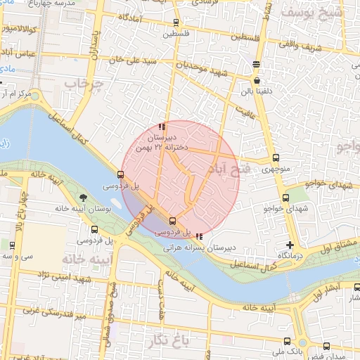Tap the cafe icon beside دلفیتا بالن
[257, 81]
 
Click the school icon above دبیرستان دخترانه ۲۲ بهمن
[162, 127]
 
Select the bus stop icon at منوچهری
[275, 158]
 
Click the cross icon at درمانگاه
[290, 245]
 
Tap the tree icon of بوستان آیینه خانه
[84, 198]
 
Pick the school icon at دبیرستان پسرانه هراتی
[200, 236]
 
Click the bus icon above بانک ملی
[326, 347]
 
